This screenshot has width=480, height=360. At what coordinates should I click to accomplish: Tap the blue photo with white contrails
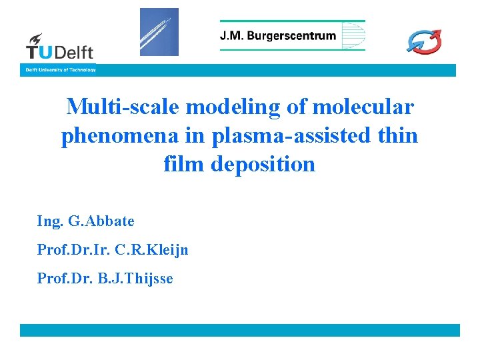click(159, 32)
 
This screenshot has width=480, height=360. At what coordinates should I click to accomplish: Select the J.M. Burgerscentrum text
click(278, 36)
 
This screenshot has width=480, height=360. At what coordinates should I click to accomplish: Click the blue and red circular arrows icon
click(425, 41)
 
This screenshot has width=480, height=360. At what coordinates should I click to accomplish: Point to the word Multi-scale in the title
click(125, 107)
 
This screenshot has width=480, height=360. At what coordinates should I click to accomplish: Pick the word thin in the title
click(397, 135)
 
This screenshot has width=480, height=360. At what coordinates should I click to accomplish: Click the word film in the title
click(183, 163)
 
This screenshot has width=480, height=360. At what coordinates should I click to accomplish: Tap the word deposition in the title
click(263, 163)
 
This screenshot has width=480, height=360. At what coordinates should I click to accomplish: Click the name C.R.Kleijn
click(152, 250)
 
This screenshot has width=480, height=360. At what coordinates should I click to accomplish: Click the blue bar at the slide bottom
click(240, 330)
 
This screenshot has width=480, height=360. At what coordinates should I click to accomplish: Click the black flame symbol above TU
click(35, 39)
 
